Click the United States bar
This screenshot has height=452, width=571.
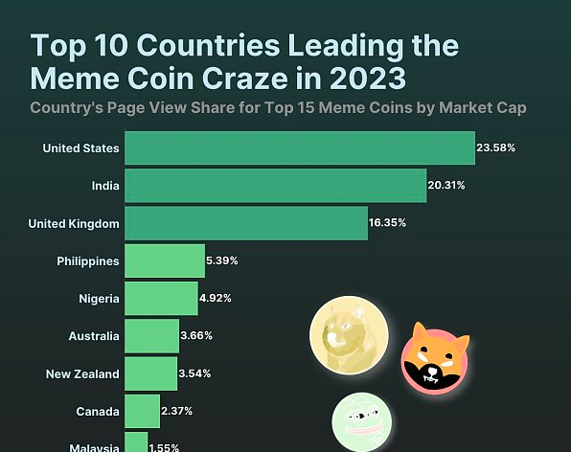click(300, 148)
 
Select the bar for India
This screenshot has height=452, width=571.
click(275, 186)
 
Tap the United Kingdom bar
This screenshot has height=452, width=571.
click(245, 223)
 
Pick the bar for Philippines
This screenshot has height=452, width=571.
click(165, 260)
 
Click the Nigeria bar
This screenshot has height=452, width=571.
click(161, 299)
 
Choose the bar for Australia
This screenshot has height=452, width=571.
click(151, 336)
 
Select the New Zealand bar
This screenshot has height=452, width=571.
click(150, 373)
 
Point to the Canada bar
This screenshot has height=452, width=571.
click(142, 411)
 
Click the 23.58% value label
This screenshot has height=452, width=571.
click(496, 148)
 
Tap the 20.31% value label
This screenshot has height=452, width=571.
click(447, 186)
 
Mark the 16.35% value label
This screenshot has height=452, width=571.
click(388, 223)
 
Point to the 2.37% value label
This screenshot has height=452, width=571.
click(177, 411)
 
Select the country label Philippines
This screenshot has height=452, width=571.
click(88, 260)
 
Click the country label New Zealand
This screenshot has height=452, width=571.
click(82, 373)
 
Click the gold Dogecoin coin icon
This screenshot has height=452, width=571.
click(349, 336)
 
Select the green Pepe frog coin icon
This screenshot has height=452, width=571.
click(362, 422)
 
